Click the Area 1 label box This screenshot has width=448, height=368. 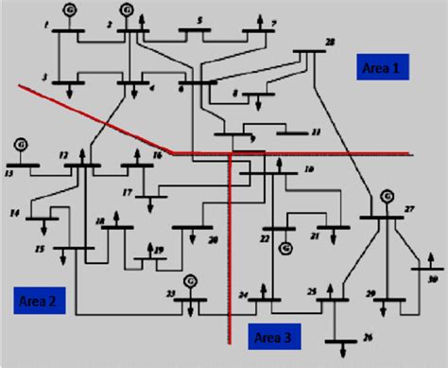point(384,67)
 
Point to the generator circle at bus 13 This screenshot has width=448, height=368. point(20,146)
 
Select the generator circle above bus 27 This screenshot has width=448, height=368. point(386,196)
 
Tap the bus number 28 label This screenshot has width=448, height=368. point(329,42)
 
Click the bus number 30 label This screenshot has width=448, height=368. point(434,280)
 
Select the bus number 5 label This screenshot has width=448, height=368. point(198,20)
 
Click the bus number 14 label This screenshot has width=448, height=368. point(13,214)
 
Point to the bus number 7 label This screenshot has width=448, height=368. point(274,22)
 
